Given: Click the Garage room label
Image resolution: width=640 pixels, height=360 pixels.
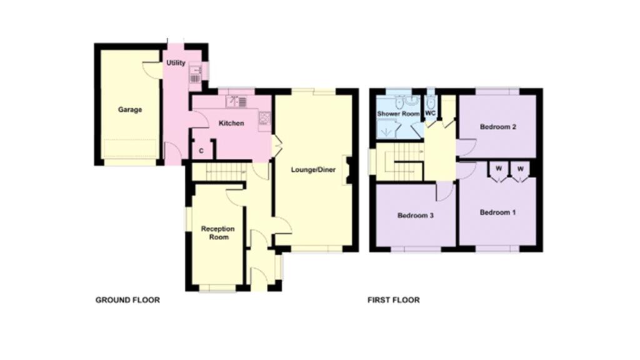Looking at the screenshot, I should coord(130,109).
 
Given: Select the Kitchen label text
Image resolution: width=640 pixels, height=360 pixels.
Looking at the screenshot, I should coord(231,123).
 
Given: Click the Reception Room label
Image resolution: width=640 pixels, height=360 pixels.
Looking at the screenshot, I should coord(214,233).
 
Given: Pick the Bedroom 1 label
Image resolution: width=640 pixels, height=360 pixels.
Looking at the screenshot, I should coord(497,212).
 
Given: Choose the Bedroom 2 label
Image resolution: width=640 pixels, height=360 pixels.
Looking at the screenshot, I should coord(497,127).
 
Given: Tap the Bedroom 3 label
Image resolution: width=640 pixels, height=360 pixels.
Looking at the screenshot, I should coord(416,216).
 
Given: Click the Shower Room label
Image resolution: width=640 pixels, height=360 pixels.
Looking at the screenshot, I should coord(398,114).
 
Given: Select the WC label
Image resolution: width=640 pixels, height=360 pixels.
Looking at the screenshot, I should coord(430,113).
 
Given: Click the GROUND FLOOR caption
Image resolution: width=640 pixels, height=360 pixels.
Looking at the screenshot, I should coord(127,300).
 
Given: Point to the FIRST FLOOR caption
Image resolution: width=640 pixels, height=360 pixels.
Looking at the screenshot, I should coord(393,300).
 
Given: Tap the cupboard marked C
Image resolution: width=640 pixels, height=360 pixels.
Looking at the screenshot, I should coord(201,151).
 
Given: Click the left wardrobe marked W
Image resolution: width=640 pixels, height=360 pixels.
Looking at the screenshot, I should coord(499,168).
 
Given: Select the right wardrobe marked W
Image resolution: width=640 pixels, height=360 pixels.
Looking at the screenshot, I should coord(519,168).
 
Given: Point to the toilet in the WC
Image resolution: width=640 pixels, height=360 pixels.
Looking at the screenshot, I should coord(431,102).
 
